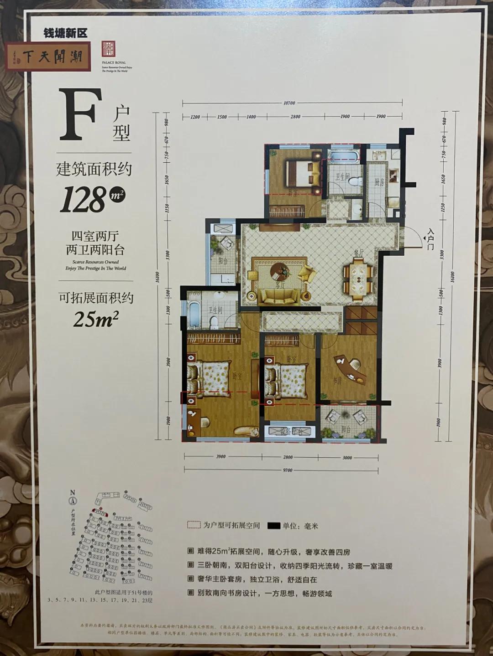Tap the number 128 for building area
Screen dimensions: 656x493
pos(83,200)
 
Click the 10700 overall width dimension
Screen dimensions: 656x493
pos(289,103)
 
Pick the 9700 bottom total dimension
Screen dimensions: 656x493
pos(287,470)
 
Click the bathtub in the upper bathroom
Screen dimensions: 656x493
pos(344,157)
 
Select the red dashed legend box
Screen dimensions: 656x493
pos(194,525)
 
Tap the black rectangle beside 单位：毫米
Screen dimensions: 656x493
pos(273,526)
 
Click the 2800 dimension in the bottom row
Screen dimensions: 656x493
pos(288,457)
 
